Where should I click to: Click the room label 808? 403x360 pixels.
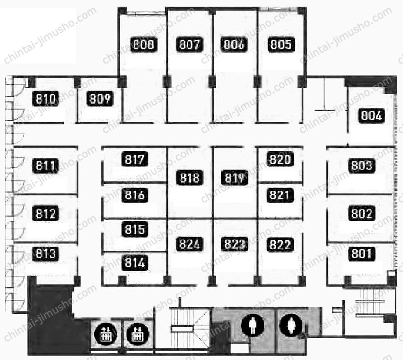point(143,44)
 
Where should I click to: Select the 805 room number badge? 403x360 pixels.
point(281,44)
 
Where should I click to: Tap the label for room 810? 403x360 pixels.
point(45,99)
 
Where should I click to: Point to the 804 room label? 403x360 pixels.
point(372,115)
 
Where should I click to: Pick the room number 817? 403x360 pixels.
point(135,159)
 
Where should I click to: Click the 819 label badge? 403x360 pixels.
point(235,177)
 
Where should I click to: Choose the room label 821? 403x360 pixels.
point(280,195)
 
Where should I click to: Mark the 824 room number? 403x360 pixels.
point(190,244)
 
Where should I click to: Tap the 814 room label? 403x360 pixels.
point(135,263)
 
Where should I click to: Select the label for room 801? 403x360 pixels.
point(362,254)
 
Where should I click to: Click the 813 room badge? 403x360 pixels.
point(45,254)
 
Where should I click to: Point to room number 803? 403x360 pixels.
point(362,166)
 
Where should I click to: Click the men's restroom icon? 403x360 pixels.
point(252,325)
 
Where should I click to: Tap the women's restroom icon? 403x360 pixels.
point(291,325)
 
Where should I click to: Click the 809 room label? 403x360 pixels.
point(100,99)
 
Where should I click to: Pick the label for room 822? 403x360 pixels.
point(280,245)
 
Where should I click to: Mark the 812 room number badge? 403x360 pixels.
point(45,214)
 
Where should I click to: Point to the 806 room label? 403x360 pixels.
point(234,44)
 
